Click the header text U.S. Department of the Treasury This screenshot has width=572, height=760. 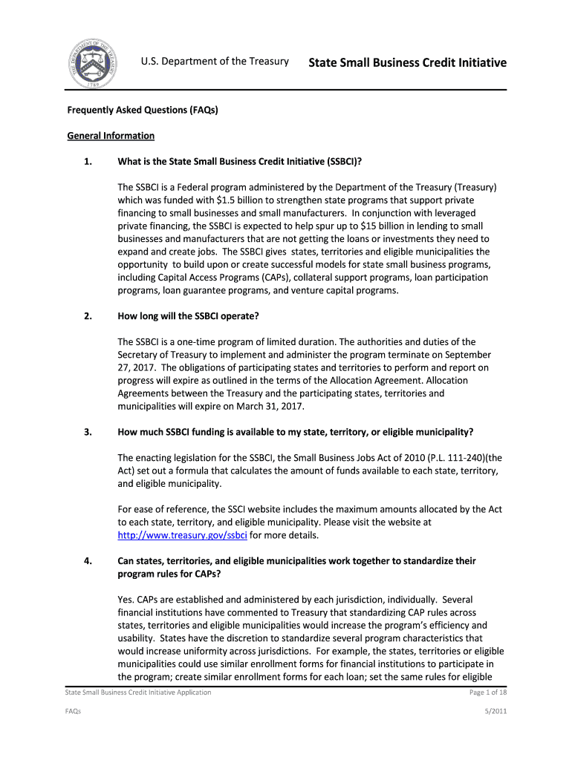(215, 61)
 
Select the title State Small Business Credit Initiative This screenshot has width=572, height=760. (407, 62)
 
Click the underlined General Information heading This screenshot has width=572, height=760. (111, 136)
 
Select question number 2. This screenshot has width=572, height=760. (88, 316)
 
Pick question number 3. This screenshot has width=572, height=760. (88, 432)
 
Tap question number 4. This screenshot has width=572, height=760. (88, 561)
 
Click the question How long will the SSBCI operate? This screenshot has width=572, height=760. (188, 316)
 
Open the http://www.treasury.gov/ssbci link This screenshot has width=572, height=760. (183, 535)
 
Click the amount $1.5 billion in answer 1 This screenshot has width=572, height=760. (244, 200)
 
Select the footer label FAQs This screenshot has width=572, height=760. (73, 712)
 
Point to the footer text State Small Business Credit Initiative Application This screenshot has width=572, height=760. (138, 692)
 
